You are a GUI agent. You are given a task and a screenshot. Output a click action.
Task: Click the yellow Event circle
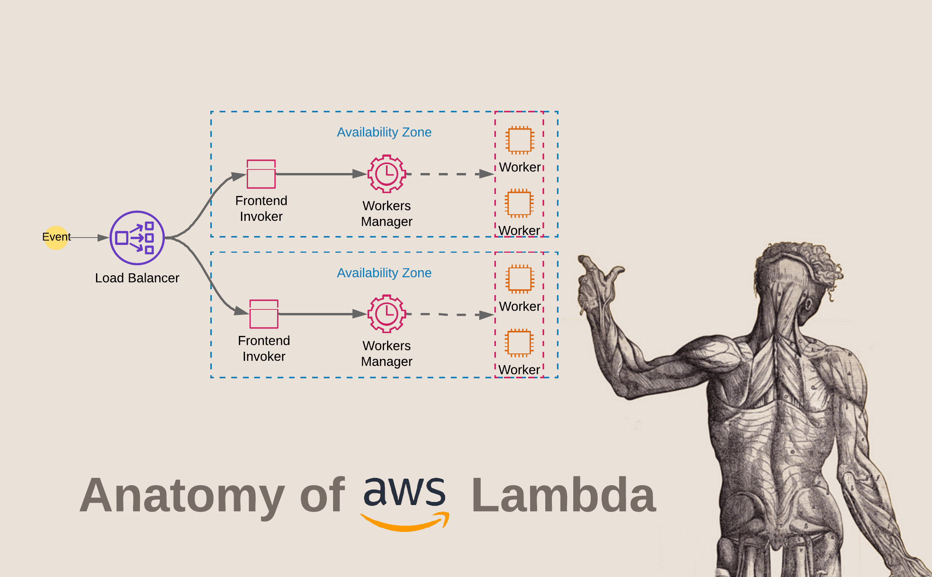tap(56, 238)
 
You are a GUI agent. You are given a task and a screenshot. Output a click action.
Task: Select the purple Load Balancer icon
tap(137, 238)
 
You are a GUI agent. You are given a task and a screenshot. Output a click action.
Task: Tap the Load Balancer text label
tap(137, 278)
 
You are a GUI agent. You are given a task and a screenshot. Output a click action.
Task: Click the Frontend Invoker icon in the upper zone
tap(261, 174)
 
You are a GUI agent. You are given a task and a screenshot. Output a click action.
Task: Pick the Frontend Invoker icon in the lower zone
tap(264, 314)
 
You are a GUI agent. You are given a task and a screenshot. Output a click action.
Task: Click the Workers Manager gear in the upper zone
tap(387, 174)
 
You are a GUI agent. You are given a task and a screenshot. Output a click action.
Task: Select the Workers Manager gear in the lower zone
tap(387, 314)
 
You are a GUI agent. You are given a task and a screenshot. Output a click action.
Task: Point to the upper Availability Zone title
tap(384, 132)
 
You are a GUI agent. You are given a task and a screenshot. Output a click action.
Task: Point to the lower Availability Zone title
tap(384, 273)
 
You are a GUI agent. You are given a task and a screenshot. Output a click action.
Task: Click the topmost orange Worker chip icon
tap(520, 140)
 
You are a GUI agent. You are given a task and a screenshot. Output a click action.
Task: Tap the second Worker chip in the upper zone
tap(519, 203)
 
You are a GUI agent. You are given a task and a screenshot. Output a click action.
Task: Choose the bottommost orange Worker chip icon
tap(519, 343)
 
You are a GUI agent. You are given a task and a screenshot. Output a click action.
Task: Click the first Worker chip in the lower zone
tap(520, 279)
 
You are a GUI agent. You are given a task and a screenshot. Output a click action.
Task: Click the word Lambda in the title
tap(564, 496)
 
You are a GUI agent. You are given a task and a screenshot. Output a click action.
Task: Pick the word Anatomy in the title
tap(183, 496)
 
